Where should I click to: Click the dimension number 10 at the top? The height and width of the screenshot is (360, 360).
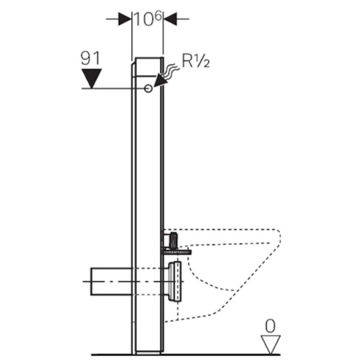[143, 19]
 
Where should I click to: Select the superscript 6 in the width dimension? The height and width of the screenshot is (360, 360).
[158, 16]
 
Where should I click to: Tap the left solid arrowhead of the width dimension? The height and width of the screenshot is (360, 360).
[125, 19]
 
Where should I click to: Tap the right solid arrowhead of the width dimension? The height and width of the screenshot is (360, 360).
[170, 19]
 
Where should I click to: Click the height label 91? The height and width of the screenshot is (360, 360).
[90, 58]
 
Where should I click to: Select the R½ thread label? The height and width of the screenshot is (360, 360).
[196, 61]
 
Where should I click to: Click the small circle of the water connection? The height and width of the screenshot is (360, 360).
[148, 88]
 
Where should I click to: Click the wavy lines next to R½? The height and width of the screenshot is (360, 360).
[171, 70]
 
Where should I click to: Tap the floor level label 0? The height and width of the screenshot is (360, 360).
[270, 326]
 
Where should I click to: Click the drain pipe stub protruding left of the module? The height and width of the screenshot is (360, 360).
[112, 281]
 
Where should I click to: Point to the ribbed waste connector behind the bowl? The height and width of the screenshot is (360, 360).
[175, 282]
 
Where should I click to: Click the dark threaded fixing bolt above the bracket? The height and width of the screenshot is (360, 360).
[173, 241]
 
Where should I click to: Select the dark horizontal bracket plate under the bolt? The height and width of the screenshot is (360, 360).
[176, 252]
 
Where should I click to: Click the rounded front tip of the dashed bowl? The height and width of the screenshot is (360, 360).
[279, 237]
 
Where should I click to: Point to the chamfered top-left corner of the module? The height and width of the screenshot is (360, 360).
[133, 63]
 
